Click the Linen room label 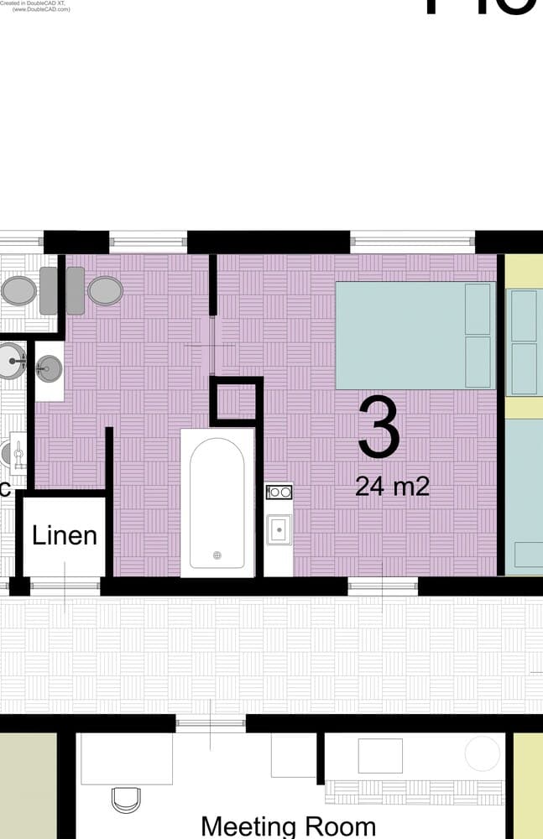point(65,535)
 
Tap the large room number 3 point(379,429)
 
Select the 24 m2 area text point(392,485)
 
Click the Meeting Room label point(288,826)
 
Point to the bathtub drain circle point(217,555)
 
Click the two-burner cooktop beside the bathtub point(279,492)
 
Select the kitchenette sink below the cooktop point(279,529)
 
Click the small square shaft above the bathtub point(236,400)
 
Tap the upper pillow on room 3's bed point(478,310)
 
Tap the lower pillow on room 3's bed point(478,362)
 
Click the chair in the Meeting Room point(126,800)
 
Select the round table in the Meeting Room point(483,753)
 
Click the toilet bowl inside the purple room point(105,290)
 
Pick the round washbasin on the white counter point(50,367)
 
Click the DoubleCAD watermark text point(35,6)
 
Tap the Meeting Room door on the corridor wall point(210,724)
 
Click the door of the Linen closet point(65,586)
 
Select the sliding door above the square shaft point(213,345)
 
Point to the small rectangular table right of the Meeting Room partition point(380,755)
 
